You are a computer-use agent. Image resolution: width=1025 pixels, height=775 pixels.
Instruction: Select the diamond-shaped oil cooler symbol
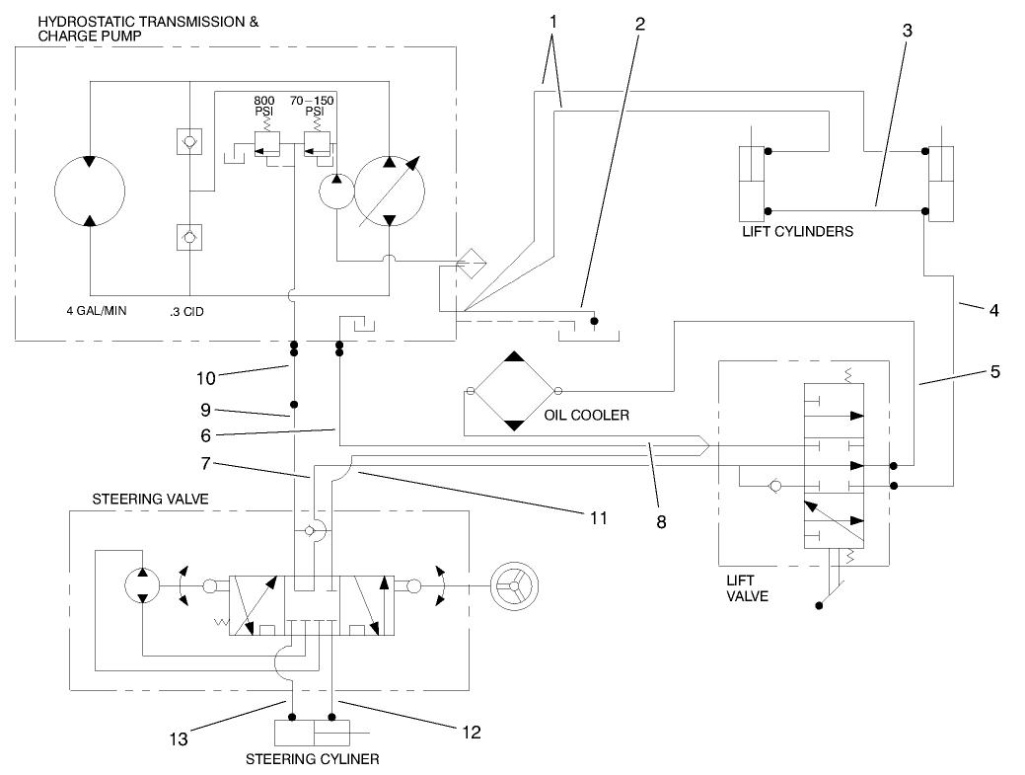tap(513, 391)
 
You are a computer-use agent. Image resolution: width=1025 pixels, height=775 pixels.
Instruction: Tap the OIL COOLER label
tap(586, 416)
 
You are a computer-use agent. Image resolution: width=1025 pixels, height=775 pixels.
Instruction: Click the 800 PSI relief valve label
tap(264, 106)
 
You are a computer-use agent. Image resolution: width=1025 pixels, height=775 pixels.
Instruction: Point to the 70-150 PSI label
tap(313, 106)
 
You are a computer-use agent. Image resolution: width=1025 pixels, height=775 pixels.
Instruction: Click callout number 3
tap(907, 30)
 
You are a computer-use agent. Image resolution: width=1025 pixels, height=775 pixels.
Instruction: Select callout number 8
tap(661, 522)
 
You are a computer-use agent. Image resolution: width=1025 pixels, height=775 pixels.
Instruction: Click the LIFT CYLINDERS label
tap(797, 233)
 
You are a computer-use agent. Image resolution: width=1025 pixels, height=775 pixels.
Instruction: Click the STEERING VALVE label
tap(150, 500)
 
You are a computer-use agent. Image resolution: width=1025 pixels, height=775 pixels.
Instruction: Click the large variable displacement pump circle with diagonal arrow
tap(390, 191)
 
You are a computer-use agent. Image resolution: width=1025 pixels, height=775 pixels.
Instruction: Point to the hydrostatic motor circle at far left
tap(90, 191)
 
